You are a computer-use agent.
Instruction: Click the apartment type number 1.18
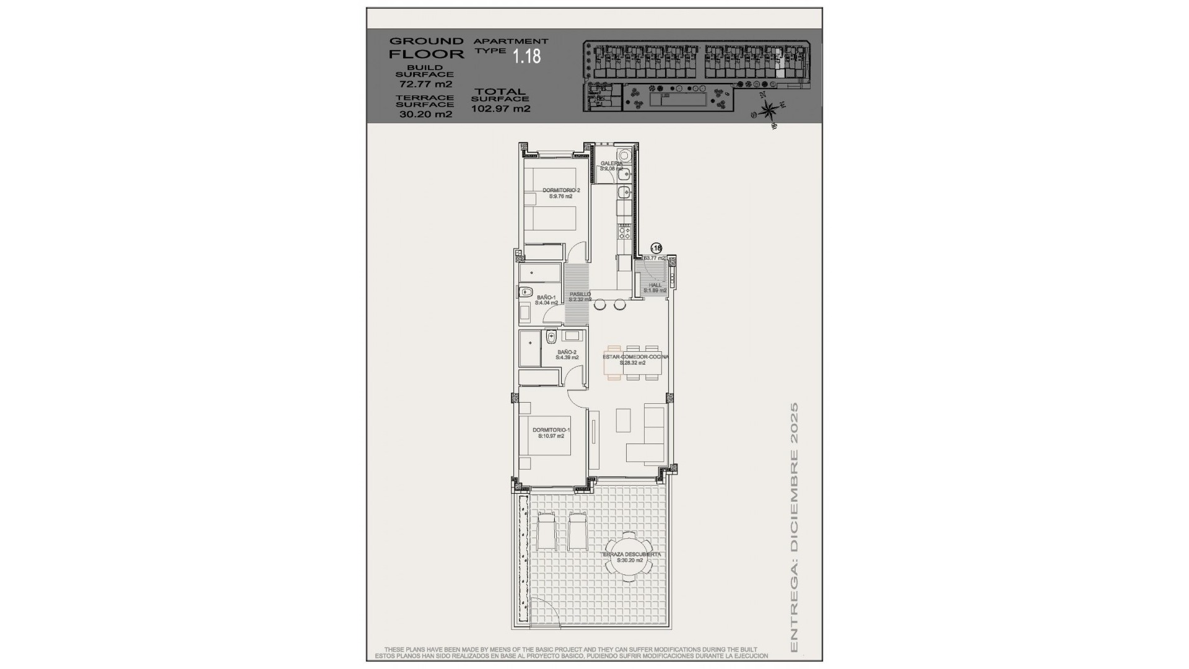coord(526,56)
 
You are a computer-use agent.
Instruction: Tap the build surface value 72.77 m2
coord(425,84)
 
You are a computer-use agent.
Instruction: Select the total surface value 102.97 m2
coord(501,108)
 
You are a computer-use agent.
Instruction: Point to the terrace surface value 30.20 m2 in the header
coord(425,114)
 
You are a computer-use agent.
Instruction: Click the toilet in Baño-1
coord(526,292)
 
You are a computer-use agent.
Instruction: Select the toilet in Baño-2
coord(552,337)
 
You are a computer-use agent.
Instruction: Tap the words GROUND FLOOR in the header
coord(426,48)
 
